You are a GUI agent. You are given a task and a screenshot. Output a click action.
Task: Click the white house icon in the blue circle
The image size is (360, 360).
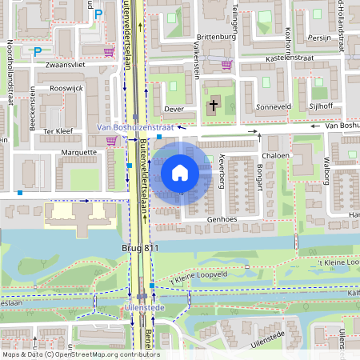coord(180,172)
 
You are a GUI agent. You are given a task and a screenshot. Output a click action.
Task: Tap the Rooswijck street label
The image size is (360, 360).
coord(67,90)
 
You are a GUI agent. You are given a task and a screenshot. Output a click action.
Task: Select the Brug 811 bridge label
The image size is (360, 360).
coord(141,249)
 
